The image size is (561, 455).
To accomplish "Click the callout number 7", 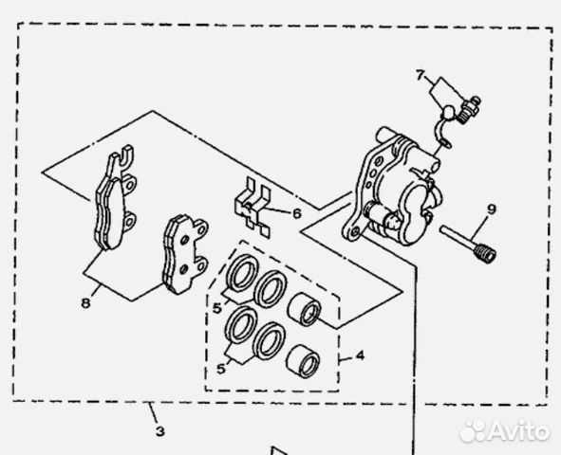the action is pos(420,75).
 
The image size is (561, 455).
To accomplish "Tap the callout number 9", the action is pos(492,209).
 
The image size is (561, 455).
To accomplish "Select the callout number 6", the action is pos(297,213).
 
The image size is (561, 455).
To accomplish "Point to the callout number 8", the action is pos(85,303).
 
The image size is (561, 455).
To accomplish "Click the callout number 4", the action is pos(360,355).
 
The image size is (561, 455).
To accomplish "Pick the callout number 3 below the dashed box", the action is pos(160,431).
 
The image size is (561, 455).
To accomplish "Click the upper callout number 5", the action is pos(217,308).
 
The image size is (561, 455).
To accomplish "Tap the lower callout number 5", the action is pos(221,368).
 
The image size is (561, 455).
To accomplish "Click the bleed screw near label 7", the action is pos(470,109).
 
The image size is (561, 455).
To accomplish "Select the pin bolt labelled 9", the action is pos(468,245).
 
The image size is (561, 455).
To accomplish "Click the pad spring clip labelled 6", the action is pos(252,208).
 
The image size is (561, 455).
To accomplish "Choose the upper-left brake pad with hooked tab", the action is pos(115,198).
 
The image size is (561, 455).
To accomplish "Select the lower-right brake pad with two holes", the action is pos(185,254).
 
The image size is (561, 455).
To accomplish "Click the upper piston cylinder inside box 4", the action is pos(304,309).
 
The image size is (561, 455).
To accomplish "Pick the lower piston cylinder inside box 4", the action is pos(303,362).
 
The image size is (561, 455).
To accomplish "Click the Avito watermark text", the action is pos(519,430).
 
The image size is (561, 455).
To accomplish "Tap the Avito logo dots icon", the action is pos(473,431).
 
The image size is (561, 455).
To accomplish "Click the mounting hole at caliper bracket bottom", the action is pos(355,232).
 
